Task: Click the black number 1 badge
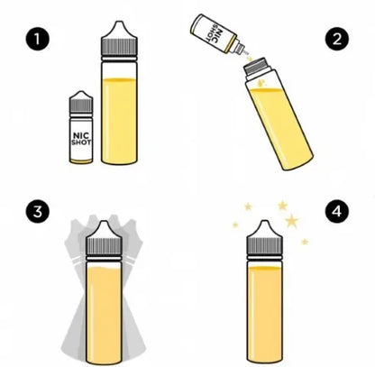pos(37,40)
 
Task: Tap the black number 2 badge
pos(337,40)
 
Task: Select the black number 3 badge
pos(37,212)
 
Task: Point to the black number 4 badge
pos(337,212)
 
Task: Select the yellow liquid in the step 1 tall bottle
pos(121,122)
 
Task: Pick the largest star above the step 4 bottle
pos(292,220)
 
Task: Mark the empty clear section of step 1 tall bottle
pos(121,69)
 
